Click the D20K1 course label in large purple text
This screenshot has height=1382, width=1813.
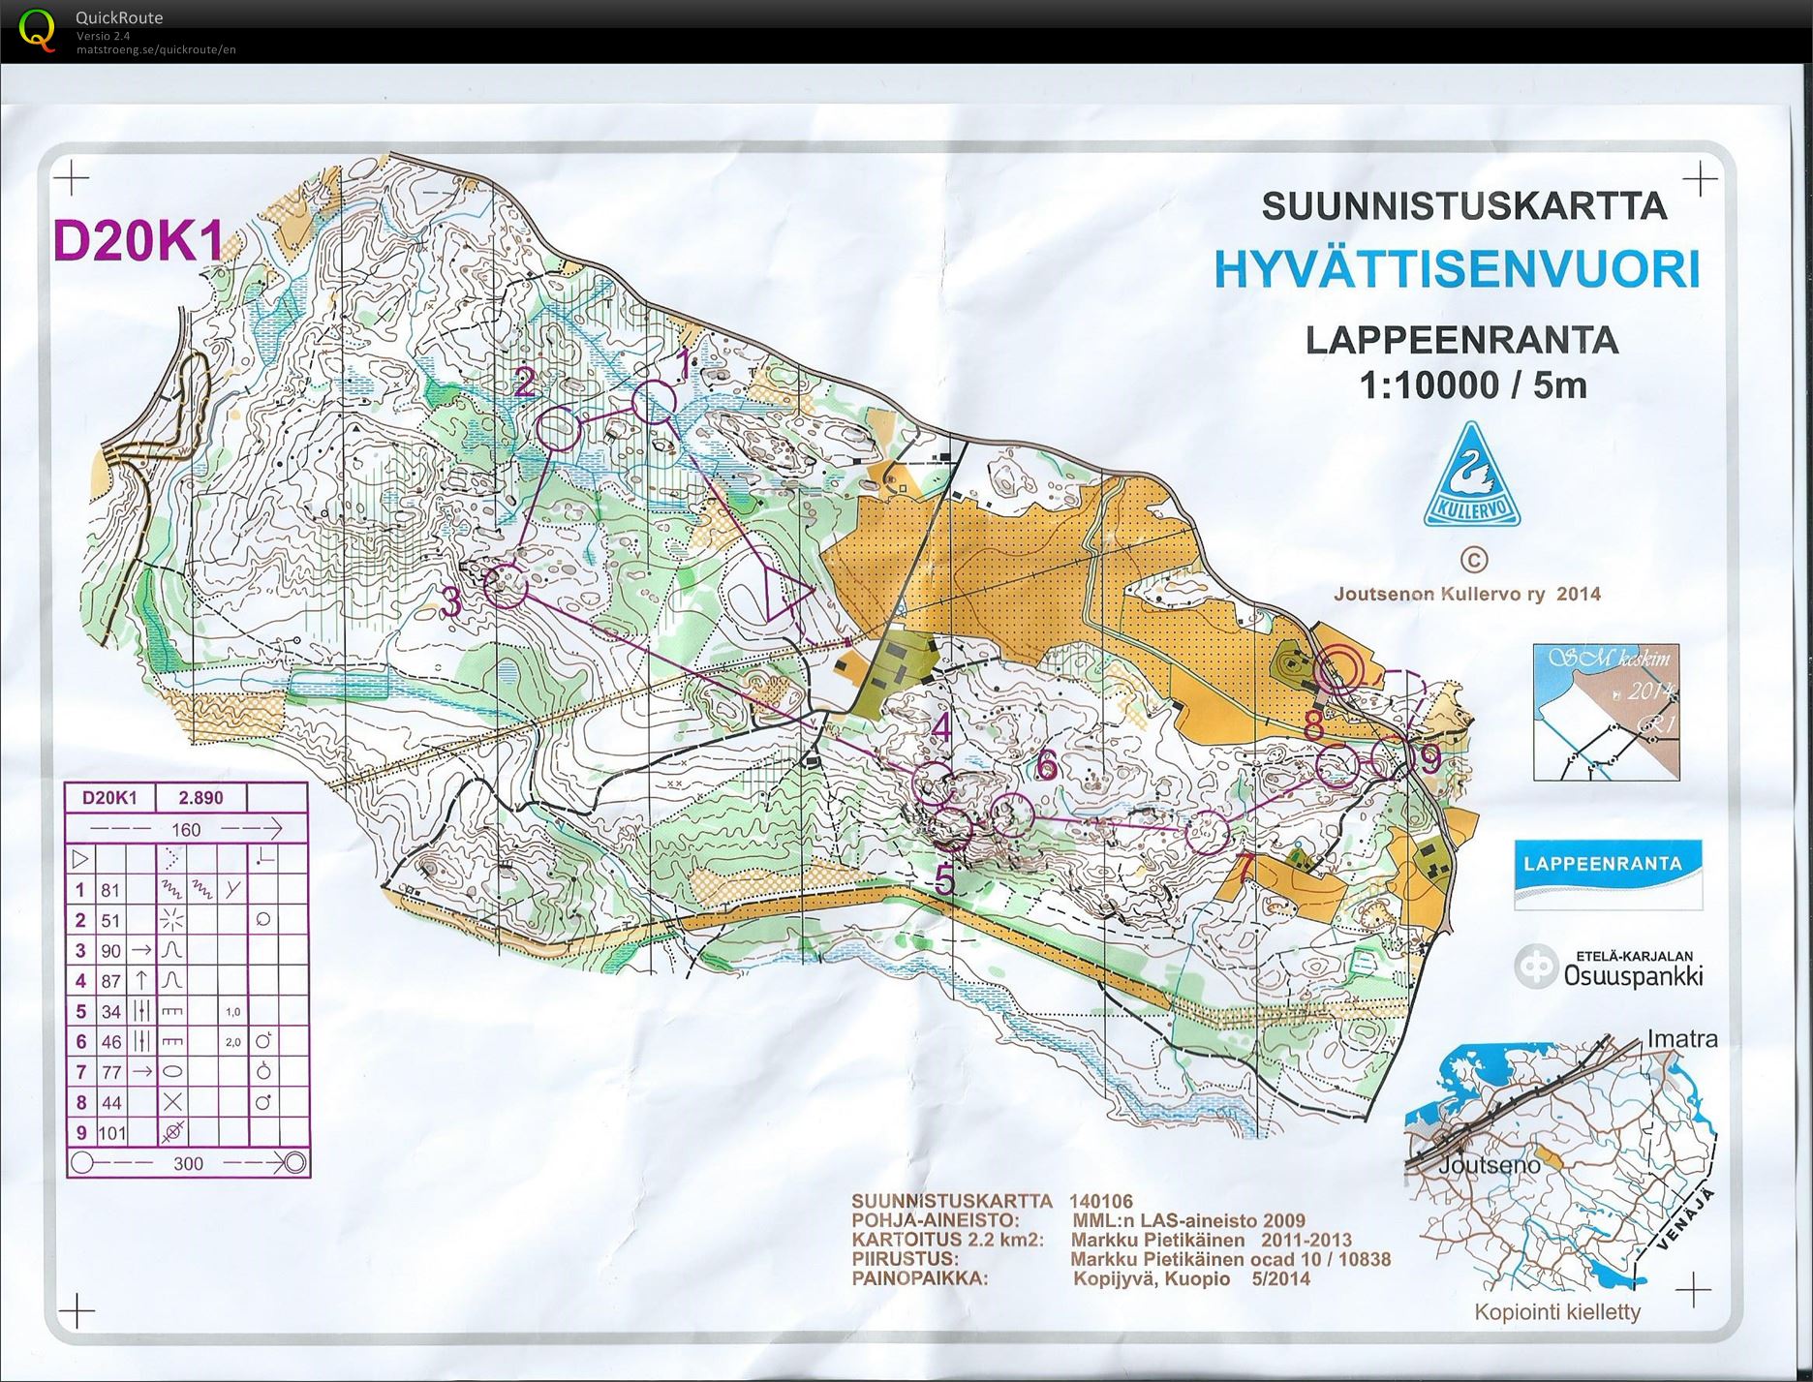[x=138, y=242]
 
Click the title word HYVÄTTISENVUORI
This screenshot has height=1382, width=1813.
[x=1458, y=270]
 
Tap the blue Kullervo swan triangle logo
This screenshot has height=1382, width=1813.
[x=1471, y=477]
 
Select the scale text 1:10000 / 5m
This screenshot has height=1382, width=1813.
[x=1473, y=385]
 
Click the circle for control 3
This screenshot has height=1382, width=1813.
[x=505, y=586]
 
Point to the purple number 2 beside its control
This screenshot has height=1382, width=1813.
[x=524, y=384]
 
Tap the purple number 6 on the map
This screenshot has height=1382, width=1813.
[x=1046, y=766]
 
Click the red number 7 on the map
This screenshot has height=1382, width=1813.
[x=1245, y=868]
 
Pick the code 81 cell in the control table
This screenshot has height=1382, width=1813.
[x=110, y=890]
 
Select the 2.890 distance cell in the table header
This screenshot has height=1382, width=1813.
[x=200, y=798]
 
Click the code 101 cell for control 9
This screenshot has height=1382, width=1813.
[x=111, y=1133]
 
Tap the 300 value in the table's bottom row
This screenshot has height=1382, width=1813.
[x=188, y=1163]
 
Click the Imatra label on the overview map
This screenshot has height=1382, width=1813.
[x=1682, y=1039]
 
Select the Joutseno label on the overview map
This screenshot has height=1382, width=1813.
[x=1488, y=1165]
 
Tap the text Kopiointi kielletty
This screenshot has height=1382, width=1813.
[x=1557, y=1312]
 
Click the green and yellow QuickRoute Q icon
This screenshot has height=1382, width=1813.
[x=37, y=29]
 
